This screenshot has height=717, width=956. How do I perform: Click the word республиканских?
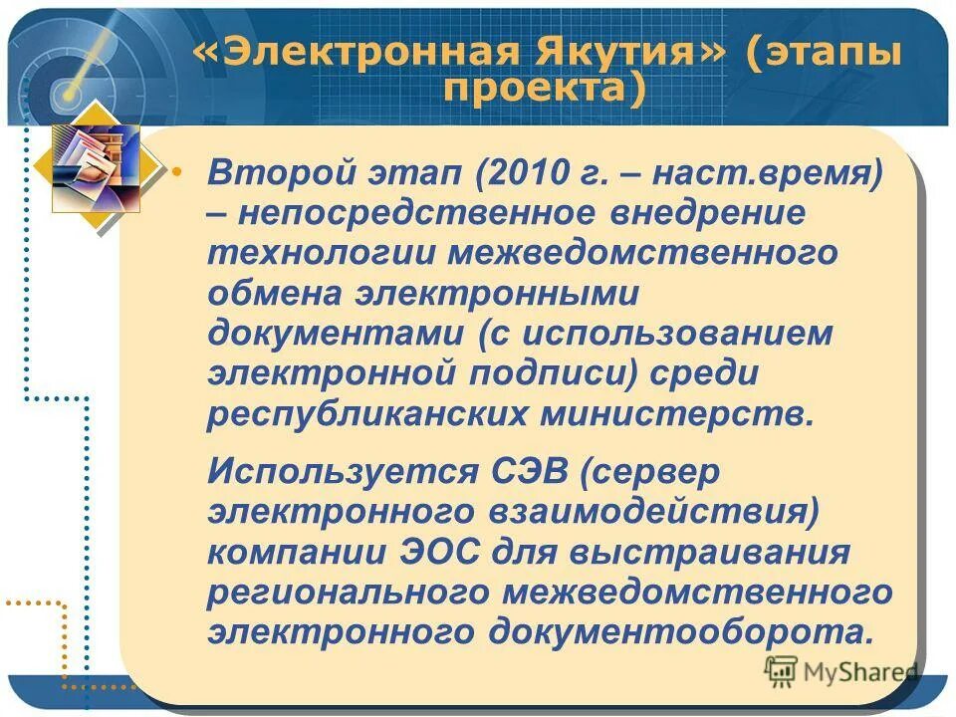[359, 413]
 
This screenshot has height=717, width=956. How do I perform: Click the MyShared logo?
[840, 671]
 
